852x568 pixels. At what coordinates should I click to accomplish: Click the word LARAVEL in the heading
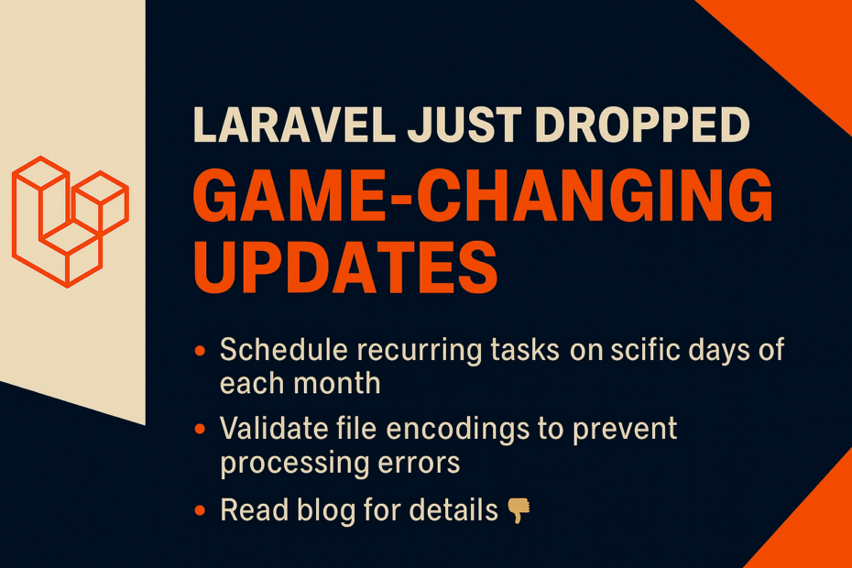(294, 125)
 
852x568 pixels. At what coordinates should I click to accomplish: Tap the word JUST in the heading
(464, 125)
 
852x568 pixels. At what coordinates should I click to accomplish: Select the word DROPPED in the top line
(642, 125)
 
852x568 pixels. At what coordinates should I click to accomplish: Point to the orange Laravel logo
(71, 221)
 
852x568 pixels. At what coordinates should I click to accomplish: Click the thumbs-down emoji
(519, 510)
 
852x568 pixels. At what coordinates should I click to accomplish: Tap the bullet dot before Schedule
(200, 351)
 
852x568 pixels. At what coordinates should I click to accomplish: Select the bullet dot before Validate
(200, 430)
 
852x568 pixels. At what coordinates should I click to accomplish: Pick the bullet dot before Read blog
(200, 510)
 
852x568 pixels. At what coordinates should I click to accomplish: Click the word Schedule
(284, 349)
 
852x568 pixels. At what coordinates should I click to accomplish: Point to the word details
(453, 510)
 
